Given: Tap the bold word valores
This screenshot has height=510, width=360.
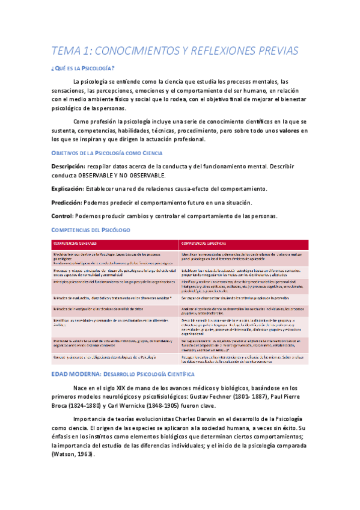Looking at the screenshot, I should [x=289, y=131].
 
